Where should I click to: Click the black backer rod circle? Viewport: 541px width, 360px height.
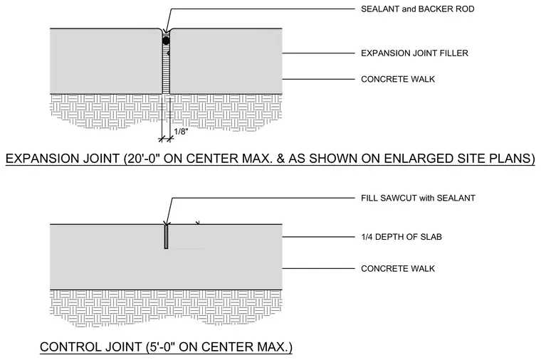pyautogui.click(x=166, y=41)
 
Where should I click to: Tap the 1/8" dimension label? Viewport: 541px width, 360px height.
pyautogui.click(x=181, y=132)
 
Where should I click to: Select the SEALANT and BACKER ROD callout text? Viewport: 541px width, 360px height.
pyautogui.click(x=417, y=9)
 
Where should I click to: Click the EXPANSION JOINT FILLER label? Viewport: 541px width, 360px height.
pyautogui.click(x=414, y=53)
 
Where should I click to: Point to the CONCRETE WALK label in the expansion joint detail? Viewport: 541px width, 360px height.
pyautogui.click(x=398, y=79)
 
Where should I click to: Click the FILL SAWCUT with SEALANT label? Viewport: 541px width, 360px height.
pyautogui.click(x=418, y=198)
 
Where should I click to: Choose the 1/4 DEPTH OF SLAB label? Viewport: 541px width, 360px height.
pyautogui.click(x=401, y=237)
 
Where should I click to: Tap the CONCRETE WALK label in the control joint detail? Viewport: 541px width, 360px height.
pyautogui.click(x=398, y=269)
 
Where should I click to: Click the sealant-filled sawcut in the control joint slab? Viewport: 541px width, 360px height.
pyautogui.click(x=166, y=236)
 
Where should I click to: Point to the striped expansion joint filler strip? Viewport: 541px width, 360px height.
pyautogui.click(x=166, y=69)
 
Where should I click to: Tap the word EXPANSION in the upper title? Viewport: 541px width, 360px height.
pyautogui.click(x=42, y=159)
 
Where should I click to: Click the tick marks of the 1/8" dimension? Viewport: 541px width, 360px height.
pyautogui.click(x=166, y=139)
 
